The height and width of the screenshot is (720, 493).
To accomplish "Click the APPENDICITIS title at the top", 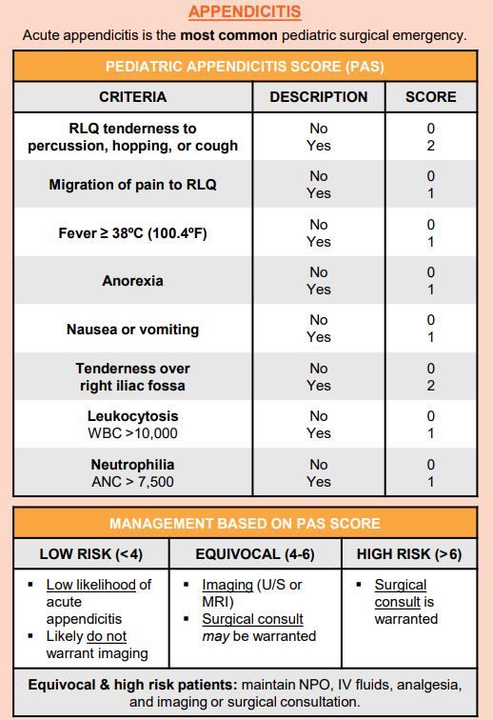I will click(246, 11).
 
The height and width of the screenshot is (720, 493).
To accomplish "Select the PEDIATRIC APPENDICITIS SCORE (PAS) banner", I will click(246, 68).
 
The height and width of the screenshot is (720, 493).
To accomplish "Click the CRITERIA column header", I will click(132, 97).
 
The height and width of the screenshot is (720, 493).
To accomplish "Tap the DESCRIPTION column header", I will click(318, 97).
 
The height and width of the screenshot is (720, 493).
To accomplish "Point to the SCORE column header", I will click(430, 97).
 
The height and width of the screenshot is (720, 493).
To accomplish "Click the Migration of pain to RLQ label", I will click(132, 185).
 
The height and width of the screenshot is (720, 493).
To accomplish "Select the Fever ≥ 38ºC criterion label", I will click(132, 233).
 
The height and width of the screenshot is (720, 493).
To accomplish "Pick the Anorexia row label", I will click(132, 281).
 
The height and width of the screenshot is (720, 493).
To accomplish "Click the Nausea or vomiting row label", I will click(132, 330).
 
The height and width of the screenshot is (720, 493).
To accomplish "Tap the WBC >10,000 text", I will click(132, 433).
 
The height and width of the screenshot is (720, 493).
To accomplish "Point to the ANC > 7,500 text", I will click(132, 482).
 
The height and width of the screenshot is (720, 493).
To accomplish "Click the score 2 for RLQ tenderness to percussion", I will click(430, 146).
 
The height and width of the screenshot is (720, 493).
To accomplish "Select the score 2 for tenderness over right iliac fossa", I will click(430, 386).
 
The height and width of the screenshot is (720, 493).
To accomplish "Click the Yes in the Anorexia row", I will click(318, 290).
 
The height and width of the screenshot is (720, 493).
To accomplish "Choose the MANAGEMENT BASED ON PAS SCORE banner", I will click(246, 523).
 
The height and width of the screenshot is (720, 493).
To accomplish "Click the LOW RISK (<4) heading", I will click(90, 554).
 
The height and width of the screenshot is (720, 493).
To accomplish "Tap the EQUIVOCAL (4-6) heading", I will click(253, 554).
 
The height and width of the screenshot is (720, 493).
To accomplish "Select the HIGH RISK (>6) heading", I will click(408, 554).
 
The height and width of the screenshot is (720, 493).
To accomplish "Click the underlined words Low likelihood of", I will click(98, 585).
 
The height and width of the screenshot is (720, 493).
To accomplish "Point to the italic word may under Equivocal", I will click(215, 636).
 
